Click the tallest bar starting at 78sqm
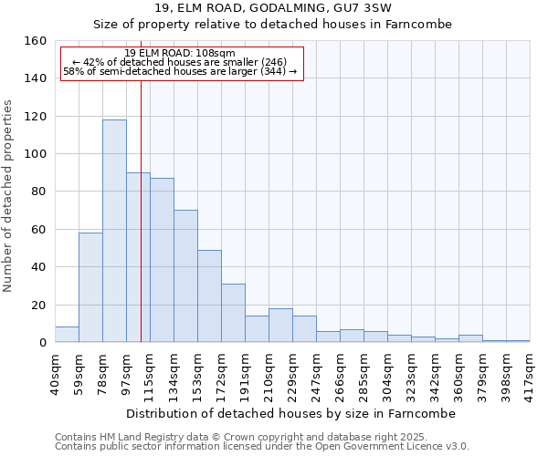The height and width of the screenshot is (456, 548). click(114, 231)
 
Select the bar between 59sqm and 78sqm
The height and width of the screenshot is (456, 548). click(90, 287)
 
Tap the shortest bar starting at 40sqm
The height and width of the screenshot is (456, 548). click(67, 335)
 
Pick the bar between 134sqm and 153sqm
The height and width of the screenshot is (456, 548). click(185, 276)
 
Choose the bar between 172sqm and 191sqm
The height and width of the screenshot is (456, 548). click(233, 313)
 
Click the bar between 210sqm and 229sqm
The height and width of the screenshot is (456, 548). click(280, 326)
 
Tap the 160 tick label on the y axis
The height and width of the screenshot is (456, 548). click(35, 41)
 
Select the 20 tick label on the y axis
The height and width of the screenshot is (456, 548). click(38, 305)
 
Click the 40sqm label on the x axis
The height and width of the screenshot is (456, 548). click(55, 371)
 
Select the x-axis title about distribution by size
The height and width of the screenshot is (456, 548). click(290, 413)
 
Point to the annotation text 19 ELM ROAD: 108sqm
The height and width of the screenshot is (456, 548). click(180, 54)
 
